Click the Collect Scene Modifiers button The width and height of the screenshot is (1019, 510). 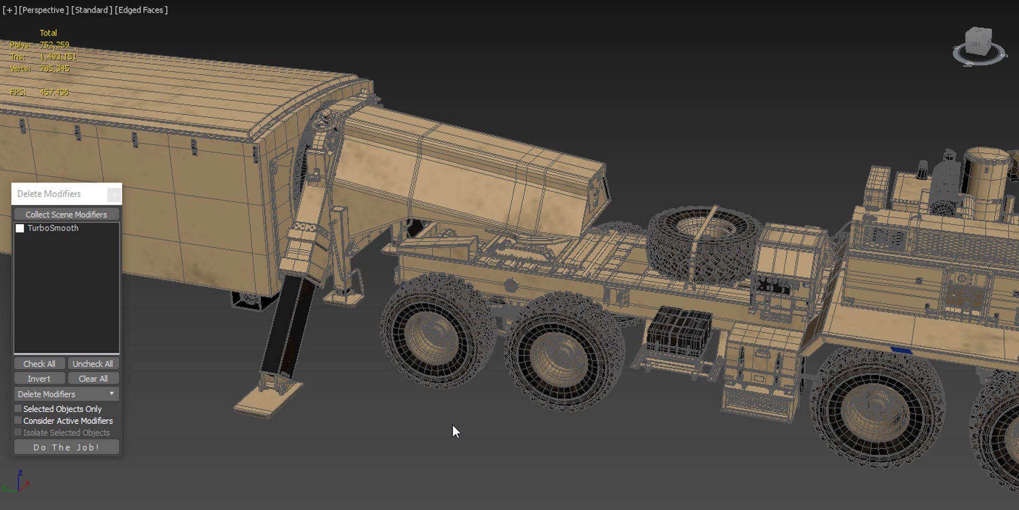(66, 215)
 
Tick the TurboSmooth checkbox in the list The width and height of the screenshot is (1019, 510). (20, 228)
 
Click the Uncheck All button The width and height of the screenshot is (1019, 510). (93, 364)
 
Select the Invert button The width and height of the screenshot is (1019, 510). (39, 379)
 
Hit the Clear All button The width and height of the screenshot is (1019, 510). (93, 379)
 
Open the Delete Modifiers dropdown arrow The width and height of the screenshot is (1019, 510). (111, 394)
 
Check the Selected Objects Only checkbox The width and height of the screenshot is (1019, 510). (18, 409)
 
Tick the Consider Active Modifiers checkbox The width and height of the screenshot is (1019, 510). (18, 420)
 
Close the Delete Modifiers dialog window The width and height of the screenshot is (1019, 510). (114, 194)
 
